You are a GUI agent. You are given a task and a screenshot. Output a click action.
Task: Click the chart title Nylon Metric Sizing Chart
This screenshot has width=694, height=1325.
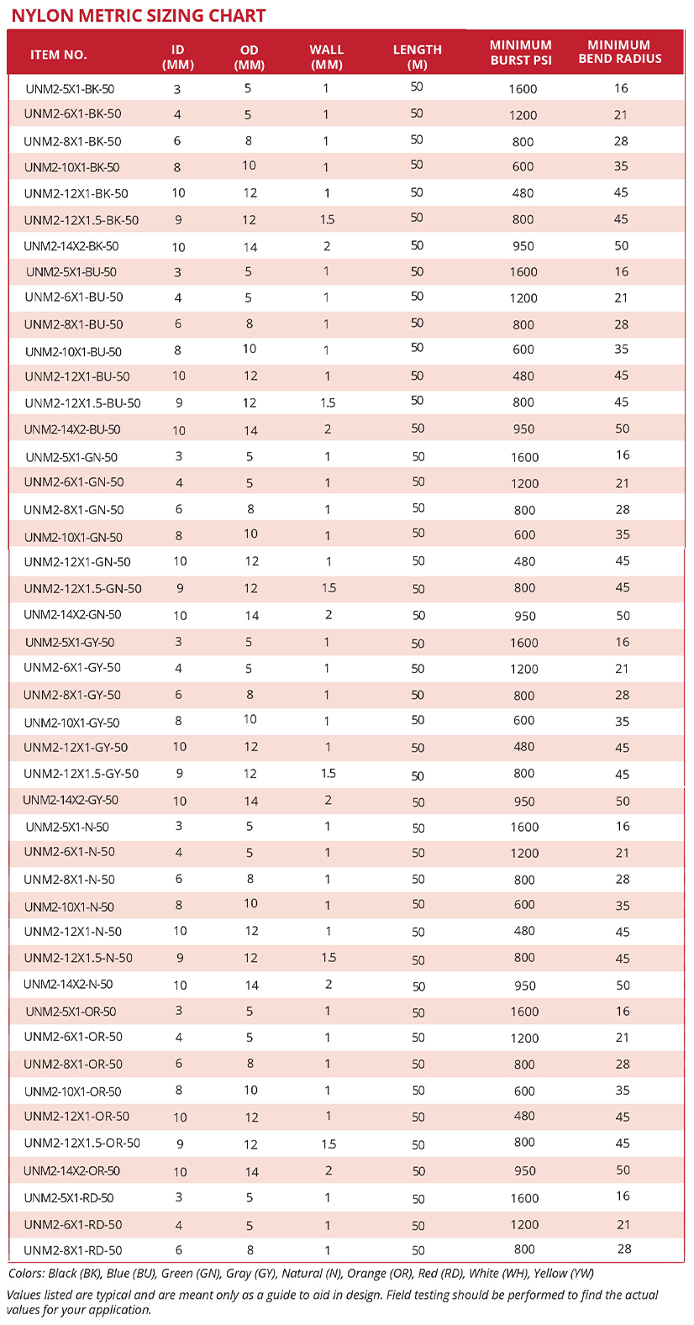click(139, 15)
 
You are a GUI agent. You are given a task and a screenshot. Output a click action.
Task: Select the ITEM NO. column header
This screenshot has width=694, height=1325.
click(59, 55)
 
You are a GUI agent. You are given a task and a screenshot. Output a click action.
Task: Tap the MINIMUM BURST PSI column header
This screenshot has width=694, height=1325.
click(521, 52)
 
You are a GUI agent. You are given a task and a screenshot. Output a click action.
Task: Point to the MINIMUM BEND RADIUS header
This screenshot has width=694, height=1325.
click(620, 52)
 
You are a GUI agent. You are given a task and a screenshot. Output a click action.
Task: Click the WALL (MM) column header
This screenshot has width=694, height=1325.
click(327, 56)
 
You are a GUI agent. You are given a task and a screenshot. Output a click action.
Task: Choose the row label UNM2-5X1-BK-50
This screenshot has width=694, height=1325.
click(70, 88)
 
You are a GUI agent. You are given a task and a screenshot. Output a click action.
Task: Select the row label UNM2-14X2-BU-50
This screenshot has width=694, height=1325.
click(72, 429)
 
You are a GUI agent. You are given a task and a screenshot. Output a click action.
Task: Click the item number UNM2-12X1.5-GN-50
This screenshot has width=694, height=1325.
click(82, 588)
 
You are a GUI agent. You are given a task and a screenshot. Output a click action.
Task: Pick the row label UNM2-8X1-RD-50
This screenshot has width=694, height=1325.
click(73, 1250)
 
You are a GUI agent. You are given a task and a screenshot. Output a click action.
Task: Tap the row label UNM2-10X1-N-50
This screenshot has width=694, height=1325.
click(69, 907)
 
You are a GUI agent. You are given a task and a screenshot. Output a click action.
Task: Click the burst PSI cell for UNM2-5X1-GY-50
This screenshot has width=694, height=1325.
click(524, 643)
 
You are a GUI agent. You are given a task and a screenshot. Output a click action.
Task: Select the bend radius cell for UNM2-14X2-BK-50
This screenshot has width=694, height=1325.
click(622, 246)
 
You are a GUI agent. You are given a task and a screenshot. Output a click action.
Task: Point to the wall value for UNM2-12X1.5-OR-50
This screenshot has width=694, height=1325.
click(329, 1144)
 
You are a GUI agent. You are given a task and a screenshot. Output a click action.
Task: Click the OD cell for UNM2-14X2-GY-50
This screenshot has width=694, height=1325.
click(251, 801)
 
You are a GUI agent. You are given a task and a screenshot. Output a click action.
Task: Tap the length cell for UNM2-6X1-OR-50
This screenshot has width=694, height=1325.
click(418, 1038)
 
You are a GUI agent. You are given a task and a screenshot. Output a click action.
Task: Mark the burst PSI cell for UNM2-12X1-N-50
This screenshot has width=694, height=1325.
click(524, 931)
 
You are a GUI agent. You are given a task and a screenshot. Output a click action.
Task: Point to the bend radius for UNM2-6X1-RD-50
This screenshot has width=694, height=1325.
click(623, 1224)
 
